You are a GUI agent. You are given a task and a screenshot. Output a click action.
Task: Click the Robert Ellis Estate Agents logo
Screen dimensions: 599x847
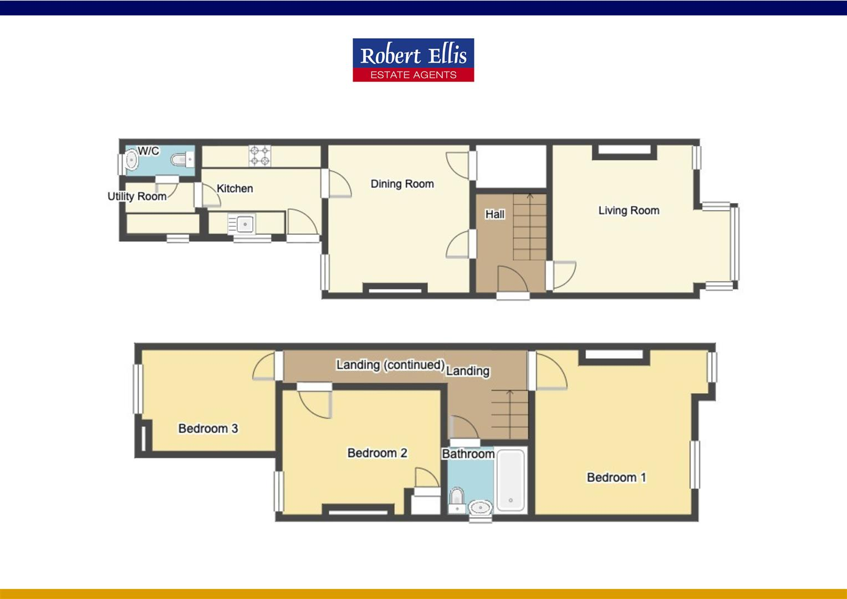[x=413, y=60]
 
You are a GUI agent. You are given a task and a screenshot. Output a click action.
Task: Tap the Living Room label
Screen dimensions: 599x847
[x=629, y=211]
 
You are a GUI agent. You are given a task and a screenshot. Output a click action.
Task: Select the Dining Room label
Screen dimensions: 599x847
[x=402, y=184]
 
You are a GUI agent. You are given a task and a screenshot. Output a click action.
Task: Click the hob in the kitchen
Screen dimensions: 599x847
[x=260, y=155]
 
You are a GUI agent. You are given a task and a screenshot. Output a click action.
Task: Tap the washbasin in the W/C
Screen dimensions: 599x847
[x=132, y=160]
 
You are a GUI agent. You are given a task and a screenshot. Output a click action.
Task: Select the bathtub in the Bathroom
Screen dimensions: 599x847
[x=510, y=480]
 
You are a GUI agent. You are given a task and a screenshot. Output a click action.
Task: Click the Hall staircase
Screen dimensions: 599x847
[x=529, y=227]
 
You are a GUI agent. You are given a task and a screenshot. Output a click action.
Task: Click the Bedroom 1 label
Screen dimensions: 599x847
[x=616, y=478]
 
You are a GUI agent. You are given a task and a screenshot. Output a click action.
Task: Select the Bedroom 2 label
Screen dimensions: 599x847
[x=377, y=453]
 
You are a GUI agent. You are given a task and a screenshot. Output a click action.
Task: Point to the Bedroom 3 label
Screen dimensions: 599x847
[x=208, y=429]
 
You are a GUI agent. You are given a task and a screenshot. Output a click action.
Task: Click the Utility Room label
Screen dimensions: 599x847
[x=137, y=196]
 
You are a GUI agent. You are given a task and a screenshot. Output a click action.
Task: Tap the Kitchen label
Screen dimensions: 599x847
[x=234, y=189]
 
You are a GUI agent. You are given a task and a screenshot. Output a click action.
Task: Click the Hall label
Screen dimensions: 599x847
[x=494, y=214]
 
